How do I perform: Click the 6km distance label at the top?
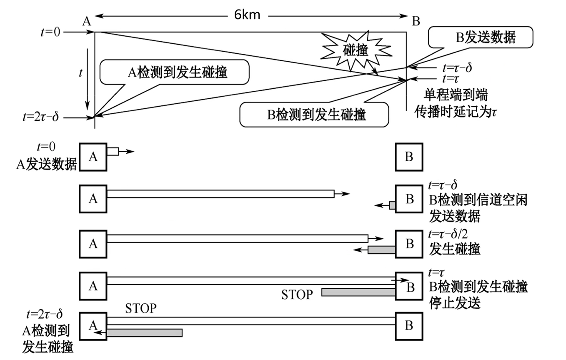tap(247, 15)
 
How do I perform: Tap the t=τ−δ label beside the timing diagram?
tap(457, 67)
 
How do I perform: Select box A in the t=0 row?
tap(93, 157)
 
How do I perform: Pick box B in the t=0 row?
tap(409, 157)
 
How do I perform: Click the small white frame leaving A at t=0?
tap(113, 152)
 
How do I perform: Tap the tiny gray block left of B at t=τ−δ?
tap(392, 205)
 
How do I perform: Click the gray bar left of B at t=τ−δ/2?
tap(381, 250)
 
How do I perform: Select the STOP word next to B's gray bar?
tap(297, 295)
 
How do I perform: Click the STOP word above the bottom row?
tap(141, 308)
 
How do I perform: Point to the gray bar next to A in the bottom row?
tap(144, 332)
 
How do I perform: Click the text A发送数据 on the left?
tap(46, 165)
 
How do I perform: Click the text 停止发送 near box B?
tap(455, 302)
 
